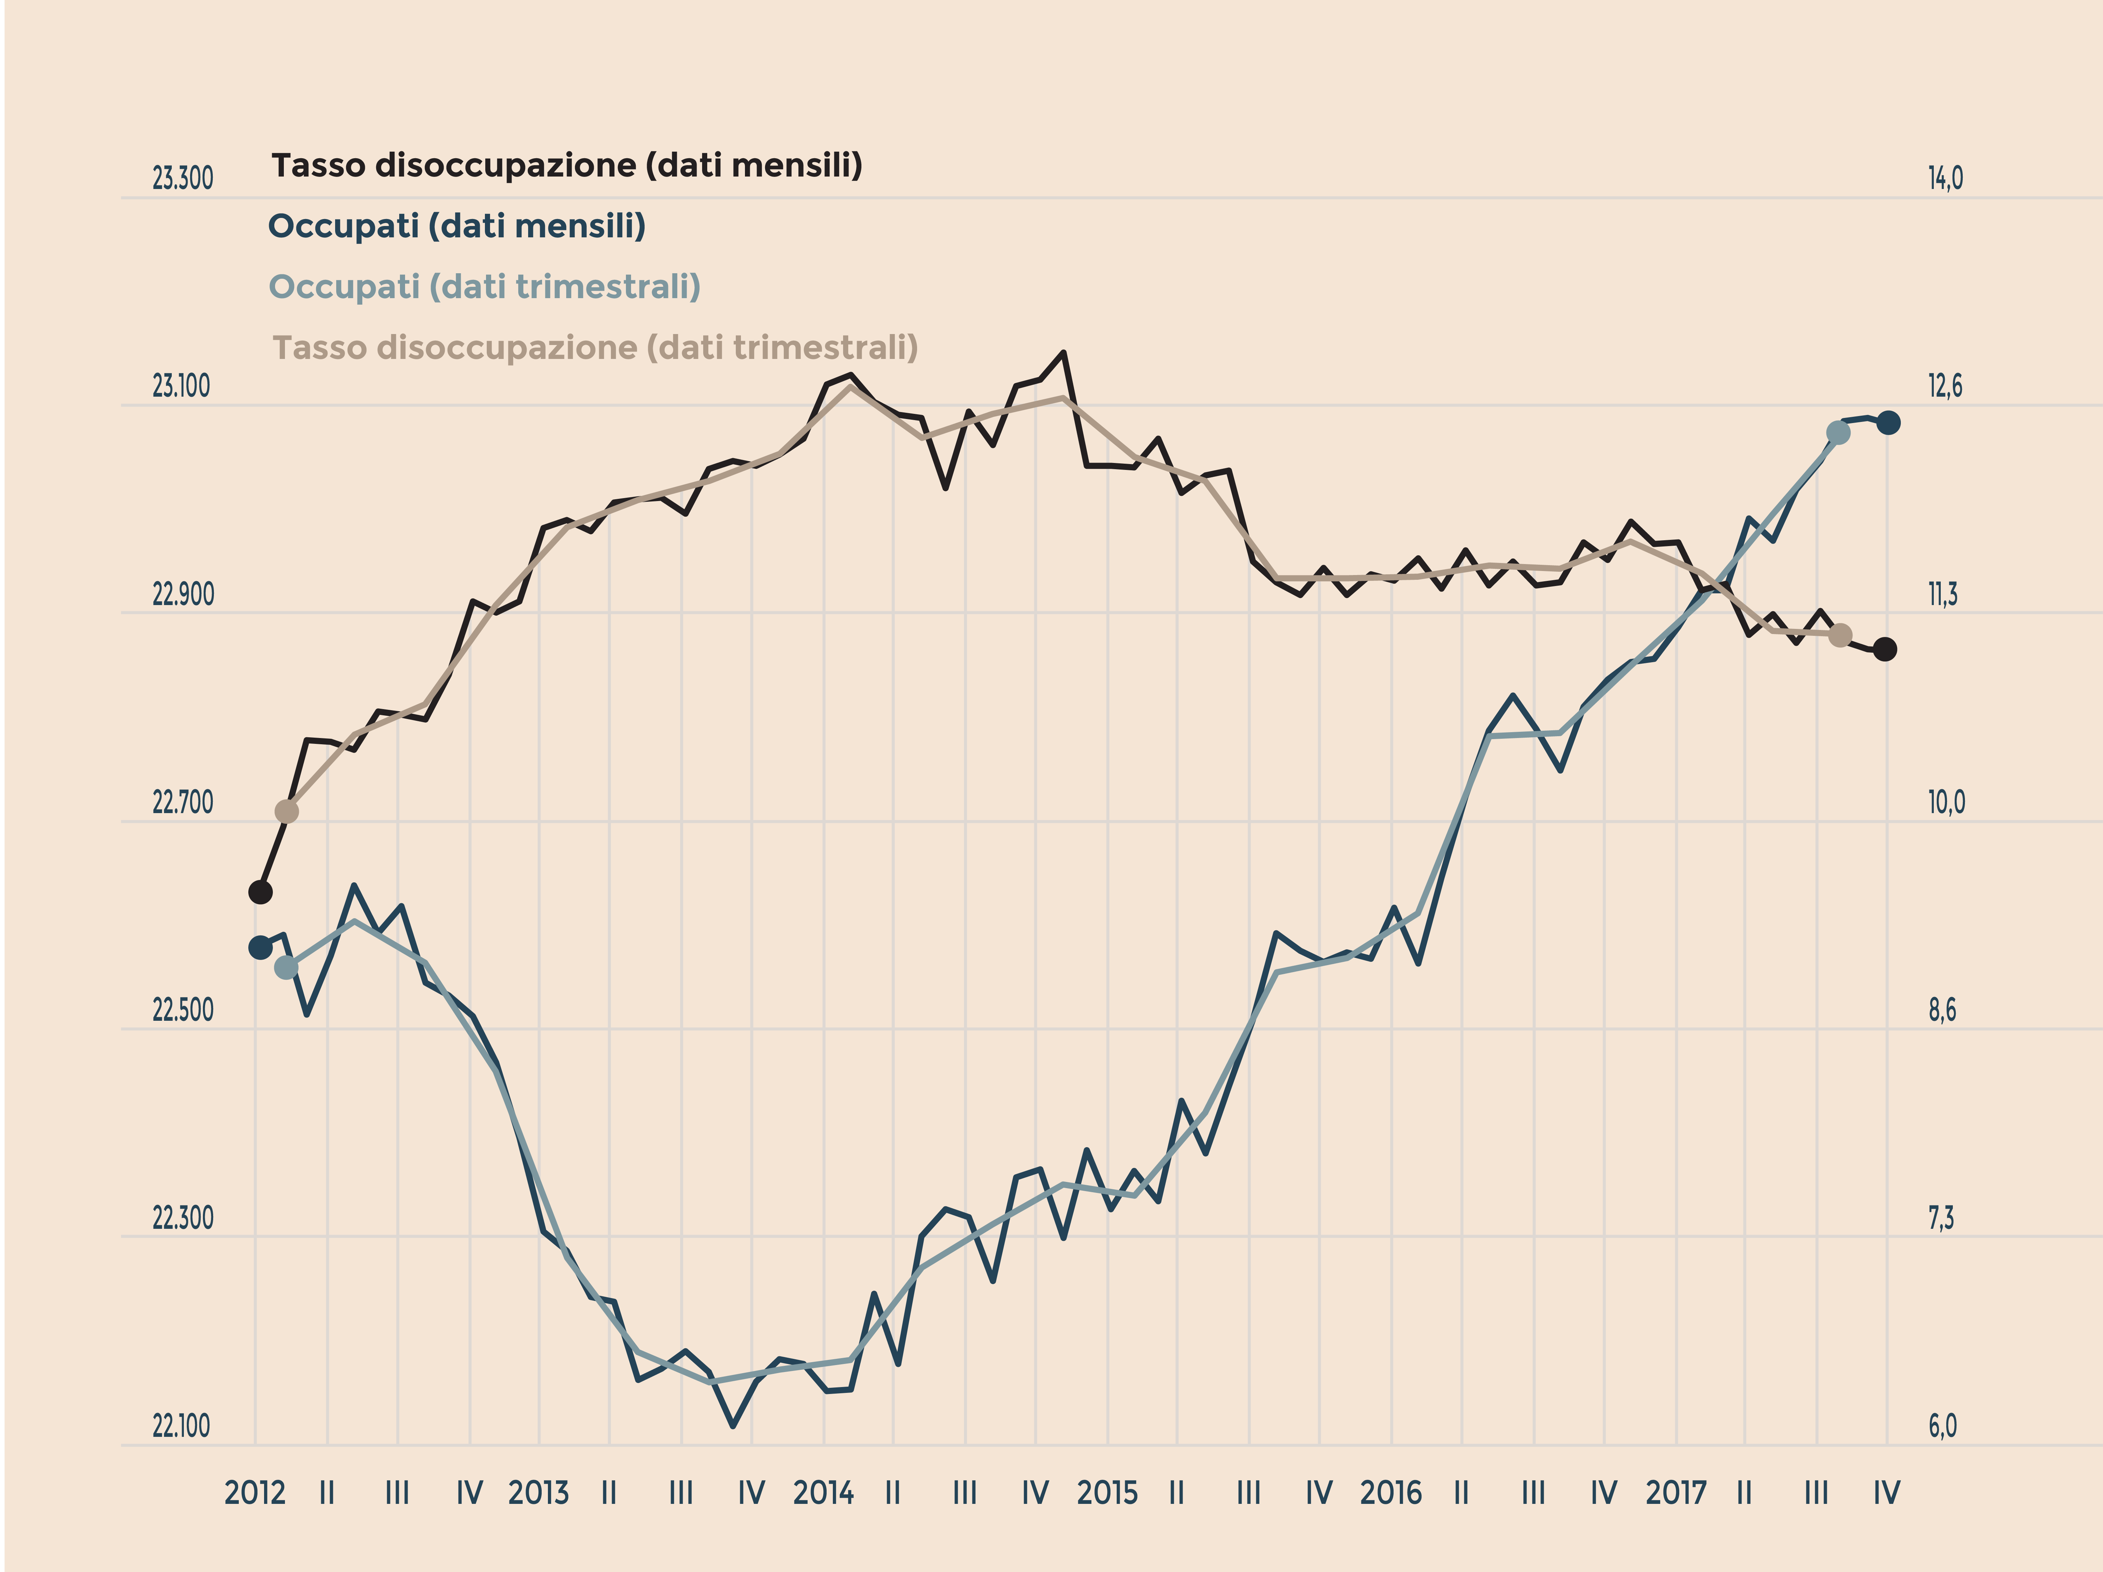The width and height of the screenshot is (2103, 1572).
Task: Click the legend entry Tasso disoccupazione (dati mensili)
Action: (x=567, y=166)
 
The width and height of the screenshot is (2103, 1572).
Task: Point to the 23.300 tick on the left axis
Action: (x=182, y=179)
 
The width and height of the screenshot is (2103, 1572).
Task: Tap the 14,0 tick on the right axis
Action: (x=1945, y=179)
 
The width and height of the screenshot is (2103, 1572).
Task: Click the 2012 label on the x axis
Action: (x=255, y=1493)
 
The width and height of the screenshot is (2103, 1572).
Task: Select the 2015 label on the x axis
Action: (x=1107, y=1493)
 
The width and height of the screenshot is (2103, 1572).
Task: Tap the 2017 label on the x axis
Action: (x=1675, y=1493)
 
